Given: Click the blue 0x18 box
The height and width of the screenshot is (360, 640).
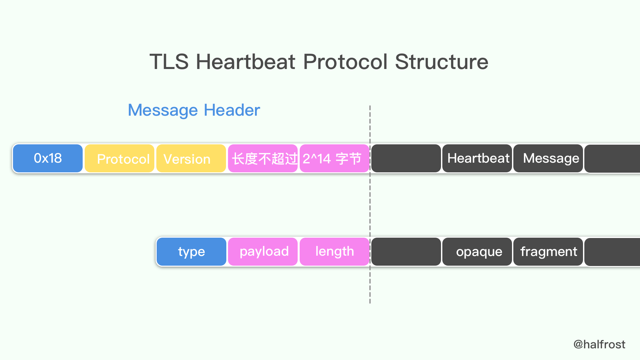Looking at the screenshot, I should coord(48,158).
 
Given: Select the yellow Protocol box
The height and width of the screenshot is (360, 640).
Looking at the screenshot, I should coord(119,158).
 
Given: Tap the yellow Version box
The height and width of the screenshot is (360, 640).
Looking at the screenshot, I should coord(191,158).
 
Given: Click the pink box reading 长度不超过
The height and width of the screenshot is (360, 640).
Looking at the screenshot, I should coord(263,158).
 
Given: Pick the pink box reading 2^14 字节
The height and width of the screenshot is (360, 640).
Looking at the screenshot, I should coord(334,158).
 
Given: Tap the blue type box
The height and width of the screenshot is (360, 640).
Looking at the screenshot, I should coord(191,252).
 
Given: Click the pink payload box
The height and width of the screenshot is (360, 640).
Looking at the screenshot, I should coord(263,252).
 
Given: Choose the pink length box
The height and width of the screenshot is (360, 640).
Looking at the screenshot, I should coord(334,252).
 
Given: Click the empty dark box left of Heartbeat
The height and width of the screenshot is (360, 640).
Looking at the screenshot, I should coord(406,158).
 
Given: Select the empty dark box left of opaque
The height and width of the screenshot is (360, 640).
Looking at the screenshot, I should coord(406,252).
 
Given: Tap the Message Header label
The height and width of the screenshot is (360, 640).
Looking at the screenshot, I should coord(194,110).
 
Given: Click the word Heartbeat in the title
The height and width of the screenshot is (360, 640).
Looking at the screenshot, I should coord(245,62).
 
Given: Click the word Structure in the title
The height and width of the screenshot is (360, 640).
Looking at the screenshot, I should coord(441,62).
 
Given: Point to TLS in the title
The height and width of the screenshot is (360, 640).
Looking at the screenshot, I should coord(169,62).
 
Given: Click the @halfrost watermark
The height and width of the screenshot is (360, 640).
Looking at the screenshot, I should coord(599,344).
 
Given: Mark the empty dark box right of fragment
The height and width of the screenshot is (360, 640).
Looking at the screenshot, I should coord(613,252).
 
